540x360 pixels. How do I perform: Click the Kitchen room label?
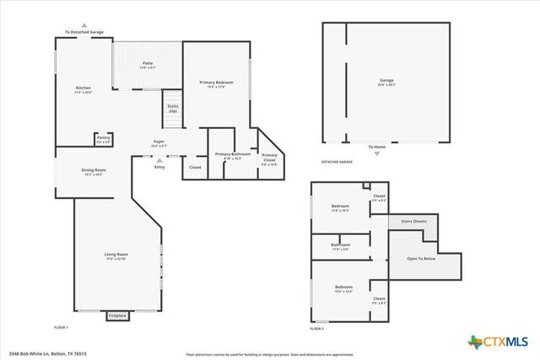[83, 89]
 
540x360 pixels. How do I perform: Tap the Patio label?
[148, 64]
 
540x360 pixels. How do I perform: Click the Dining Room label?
[94, 171]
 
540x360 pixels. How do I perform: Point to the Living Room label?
[116, 255]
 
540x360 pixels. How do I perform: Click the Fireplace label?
[117, 315]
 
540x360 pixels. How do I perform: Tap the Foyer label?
[159, 142]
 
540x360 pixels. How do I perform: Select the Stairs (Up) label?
[172, 107]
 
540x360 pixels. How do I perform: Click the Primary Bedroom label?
[216, 83]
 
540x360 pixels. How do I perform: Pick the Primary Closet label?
[269, 157]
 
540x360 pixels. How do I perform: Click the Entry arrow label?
[159, 167]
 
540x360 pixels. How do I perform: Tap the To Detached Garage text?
[84, 32]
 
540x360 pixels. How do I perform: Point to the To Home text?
[376, 147]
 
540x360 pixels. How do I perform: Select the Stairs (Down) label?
[413, 221]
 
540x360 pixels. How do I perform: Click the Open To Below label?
[421, 258]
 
